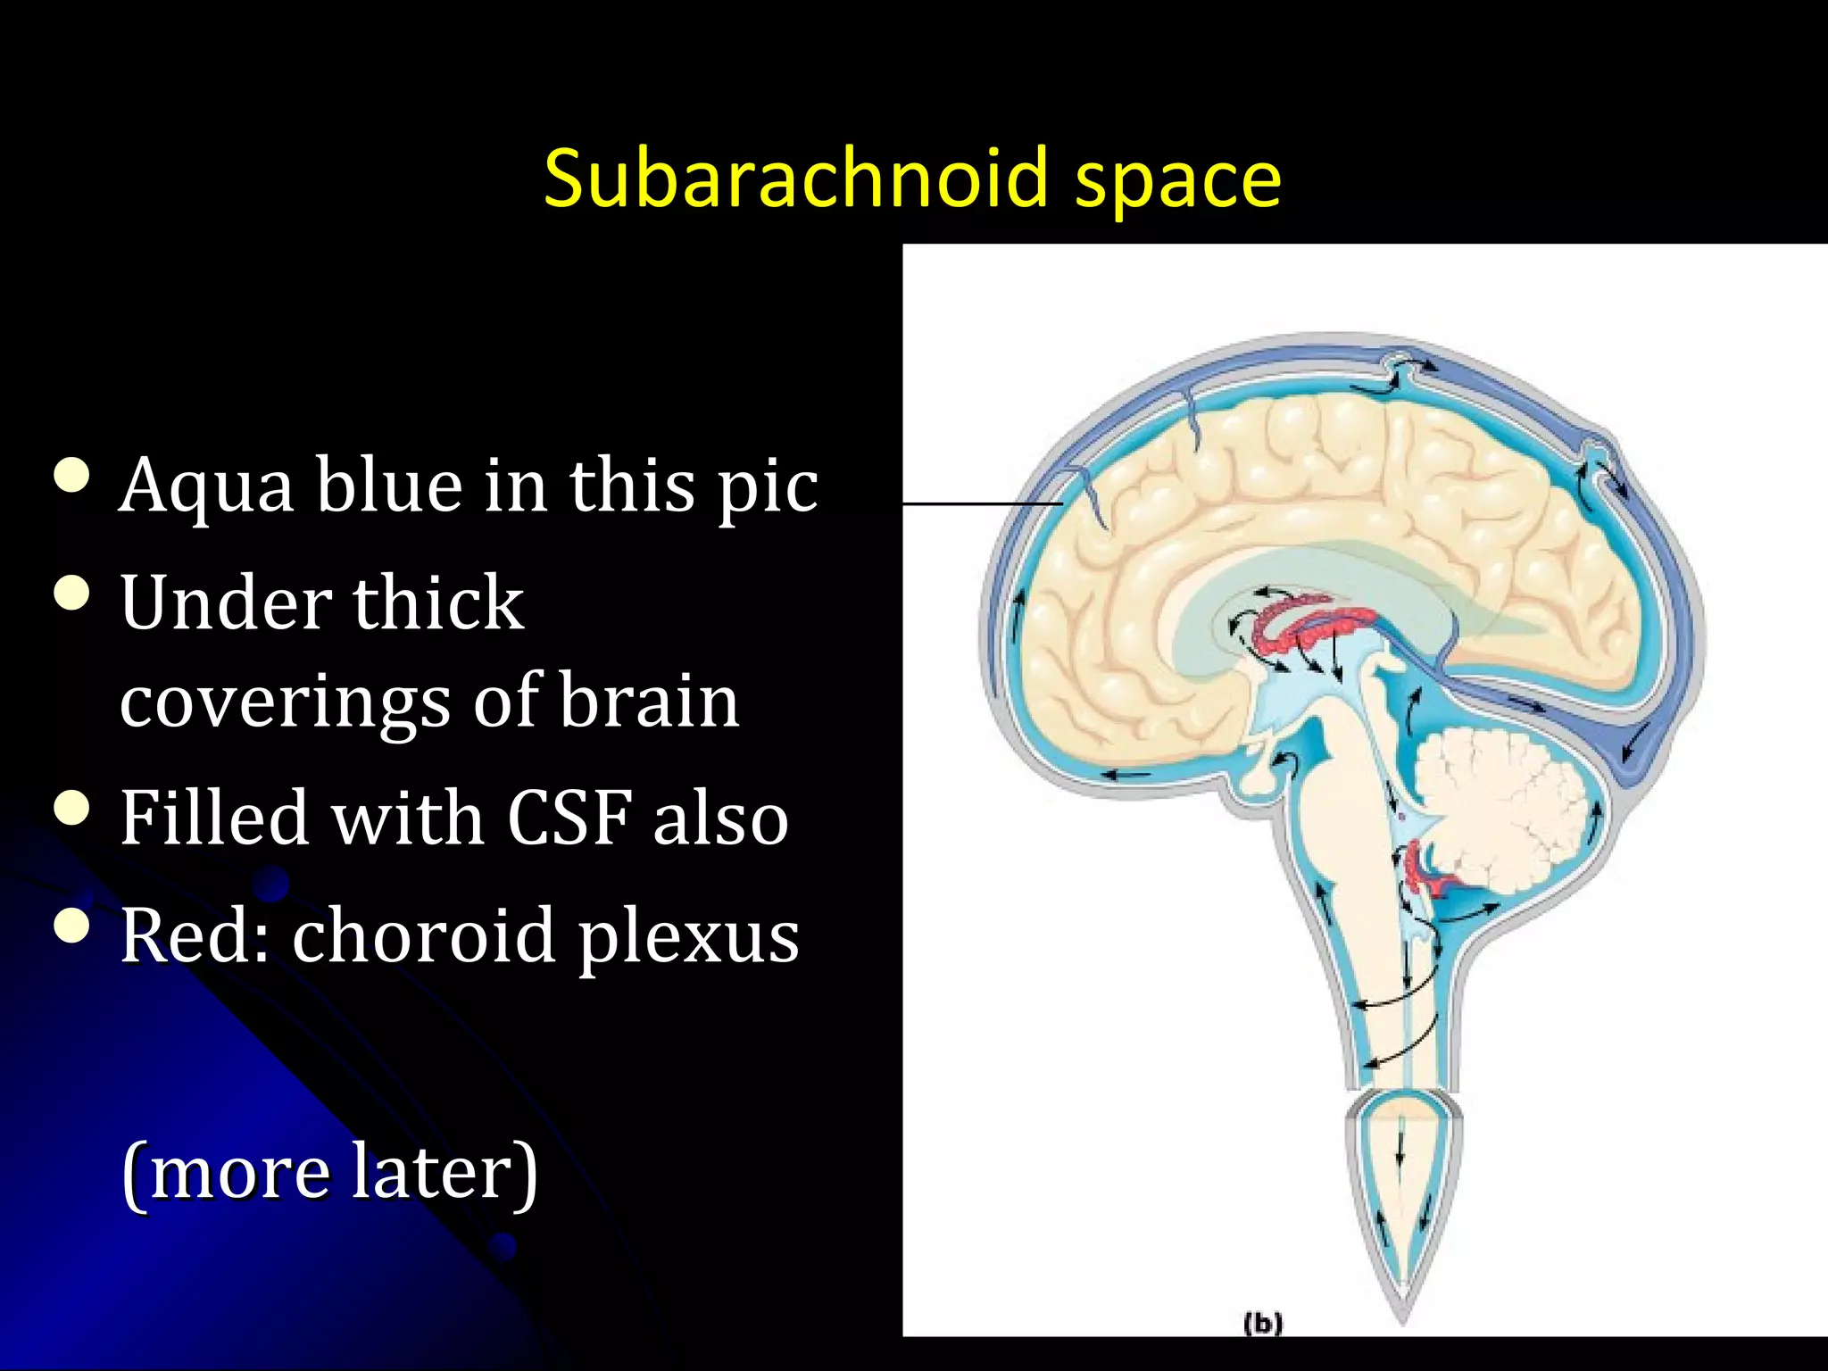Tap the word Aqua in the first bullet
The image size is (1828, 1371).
[206, 487]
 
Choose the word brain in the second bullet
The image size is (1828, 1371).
[649, 701]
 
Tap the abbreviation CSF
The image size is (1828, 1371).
[571, 818]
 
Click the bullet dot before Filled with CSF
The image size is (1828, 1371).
[72, 809]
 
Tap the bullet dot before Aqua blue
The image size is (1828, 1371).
[72, 476]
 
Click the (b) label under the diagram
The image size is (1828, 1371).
[1263, 1323]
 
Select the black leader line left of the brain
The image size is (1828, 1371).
[982, 504]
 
